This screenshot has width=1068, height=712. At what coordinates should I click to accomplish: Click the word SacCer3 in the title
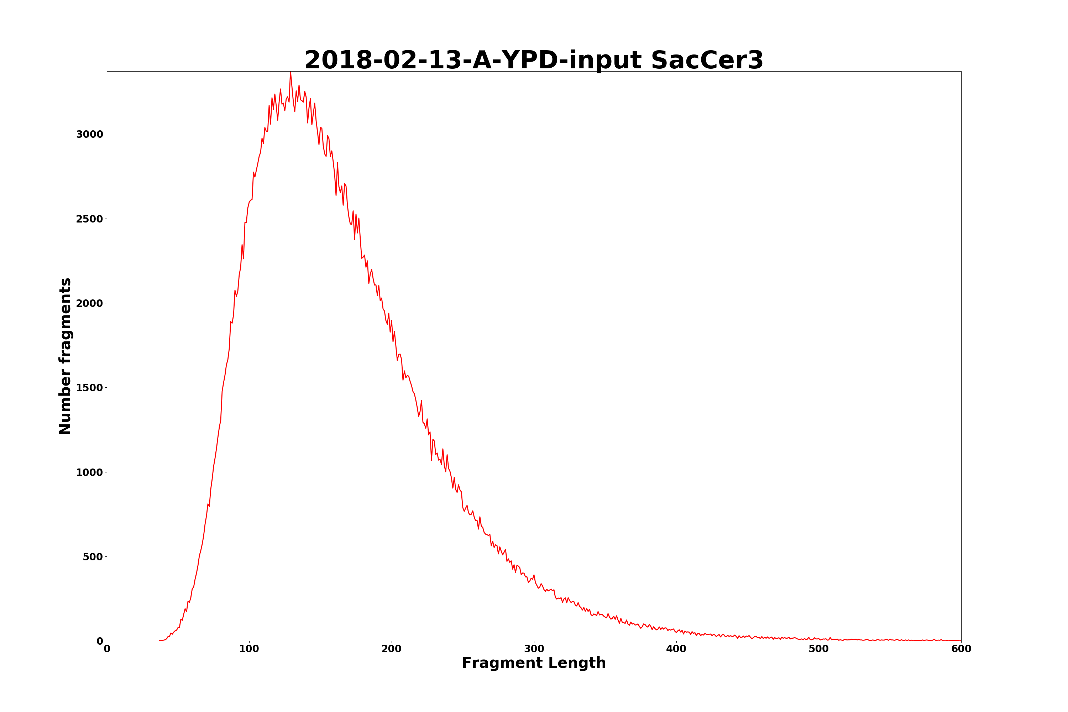[707, 61]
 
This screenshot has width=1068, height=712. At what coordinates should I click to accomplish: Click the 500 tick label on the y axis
[93, 557]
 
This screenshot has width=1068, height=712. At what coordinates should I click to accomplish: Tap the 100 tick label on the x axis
[249, 649]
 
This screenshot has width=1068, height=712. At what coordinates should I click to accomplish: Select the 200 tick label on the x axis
[391, 649]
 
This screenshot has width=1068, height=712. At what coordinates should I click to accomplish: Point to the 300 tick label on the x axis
[534, 649]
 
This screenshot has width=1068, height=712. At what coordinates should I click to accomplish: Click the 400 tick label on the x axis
[676, 649]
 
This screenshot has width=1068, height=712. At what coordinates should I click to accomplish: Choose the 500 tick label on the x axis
[819, 649]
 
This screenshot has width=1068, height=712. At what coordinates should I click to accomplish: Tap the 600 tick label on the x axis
[961, 649]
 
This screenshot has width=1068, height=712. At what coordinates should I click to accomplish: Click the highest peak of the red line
[290, 72]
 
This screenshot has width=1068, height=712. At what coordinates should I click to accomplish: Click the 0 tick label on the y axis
[100, 641]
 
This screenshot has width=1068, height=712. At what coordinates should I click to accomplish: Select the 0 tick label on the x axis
[107, 649]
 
